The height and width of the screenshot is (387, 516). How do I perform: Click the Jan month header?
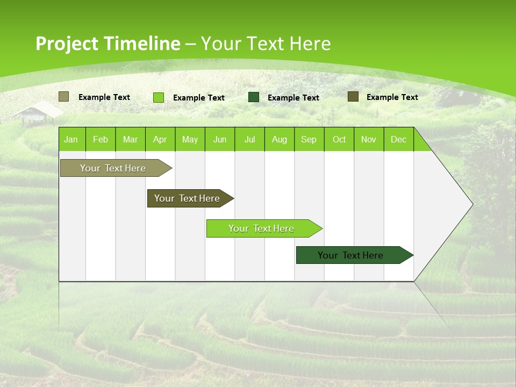tap(71, 139)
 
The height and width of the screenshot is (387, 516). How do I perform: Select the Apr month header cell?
tap(160, 139)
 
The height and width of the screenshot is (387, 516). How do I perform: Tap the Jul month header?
tap(249, 139)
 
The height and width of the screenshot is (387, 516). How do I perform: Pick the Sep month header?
tap(309, 139)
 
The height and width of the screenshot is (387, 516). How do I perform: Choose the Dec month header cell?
tap(398, 139)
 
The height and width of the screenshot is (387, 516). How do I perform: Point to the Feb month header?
tap(101, 139)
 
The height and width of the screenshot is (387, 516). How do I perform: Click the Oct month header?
tap(339, 139)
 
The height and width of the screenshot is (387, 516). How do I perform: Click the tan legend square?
tap(63, 97)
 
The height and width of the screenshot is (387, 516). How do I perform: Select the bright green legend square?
tap(159, 97)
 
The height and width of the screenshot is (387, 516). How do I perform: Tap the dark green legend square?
tap(254, 97)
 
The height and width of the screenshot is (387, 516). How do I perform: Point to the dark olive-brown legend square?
tap(353, 97)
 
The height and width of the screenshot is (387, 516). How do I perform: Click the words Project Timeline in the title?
tap(107, 44)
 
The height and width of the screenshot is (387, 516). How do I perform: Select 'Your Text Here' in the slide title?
tap(266, 44)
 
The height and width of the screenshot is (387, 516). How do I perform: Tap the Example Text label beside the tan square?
tap(104, 97)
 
